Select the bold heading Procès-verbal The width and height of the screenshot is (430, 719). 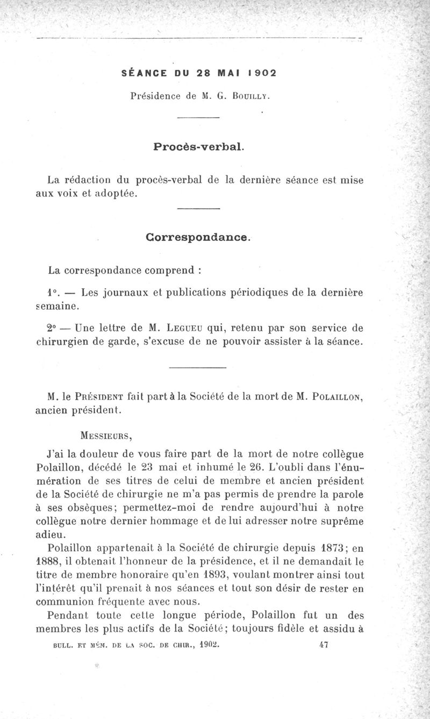(198, 146)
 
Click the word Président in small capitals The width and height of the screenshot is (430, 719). (97, 397)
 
